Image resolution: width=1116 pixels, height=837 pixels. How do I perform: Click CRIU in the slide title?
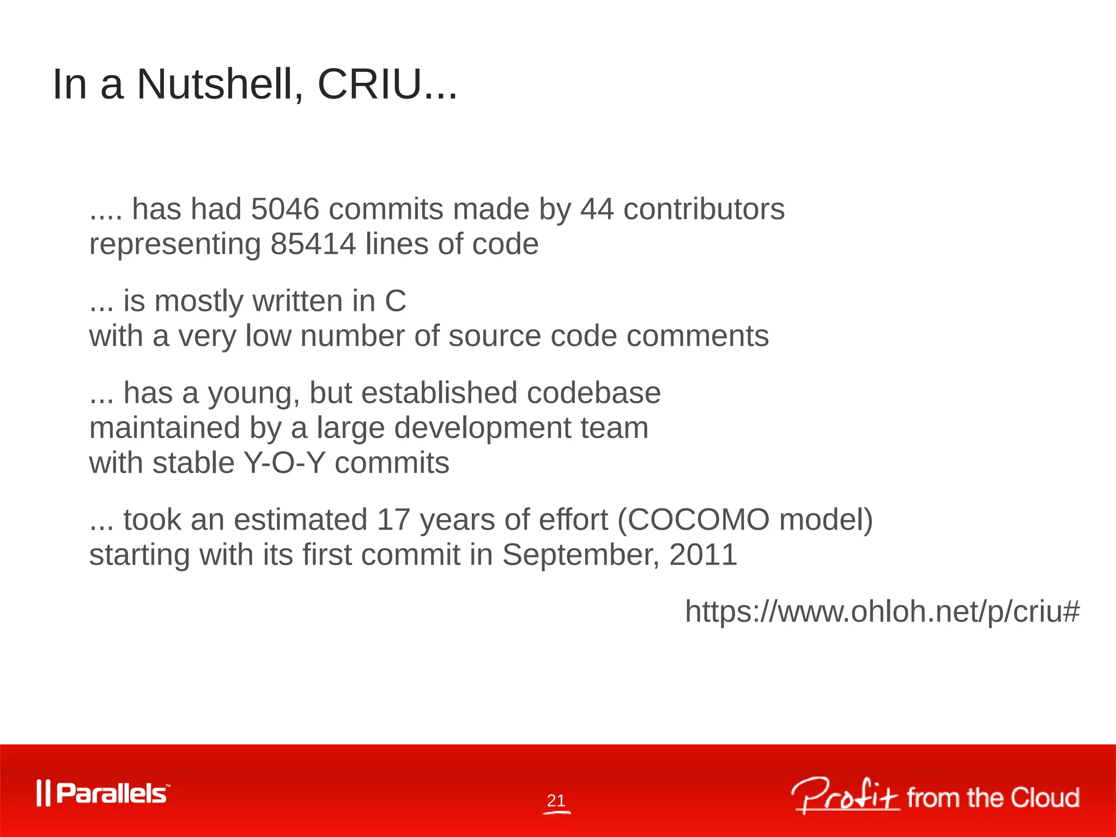point(369,84)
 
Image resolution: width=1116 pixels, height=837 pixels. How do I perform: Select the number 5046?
point(284,209)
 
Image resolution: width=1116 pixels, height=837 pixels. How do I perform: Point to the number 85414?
point(313,244)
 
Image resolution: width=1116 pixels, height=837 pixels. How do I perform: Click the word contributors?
point(703,209)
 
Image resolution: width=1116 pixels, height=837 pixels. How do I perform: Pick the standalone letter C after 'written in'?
point(395,301)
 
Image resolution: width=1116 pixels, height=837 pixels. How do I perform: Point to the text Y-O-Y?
point(284,463)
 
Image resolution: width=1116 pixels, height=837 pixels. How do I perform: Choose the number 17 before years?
point(393,519)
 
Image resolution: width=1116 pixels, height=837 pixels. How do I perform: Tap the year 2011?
point(703,555)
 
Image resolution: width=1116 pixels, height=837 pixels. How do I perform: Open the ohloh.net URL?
point(882,611)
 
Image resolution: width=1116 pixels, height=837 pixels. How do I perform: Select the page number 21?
point(556,800)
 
